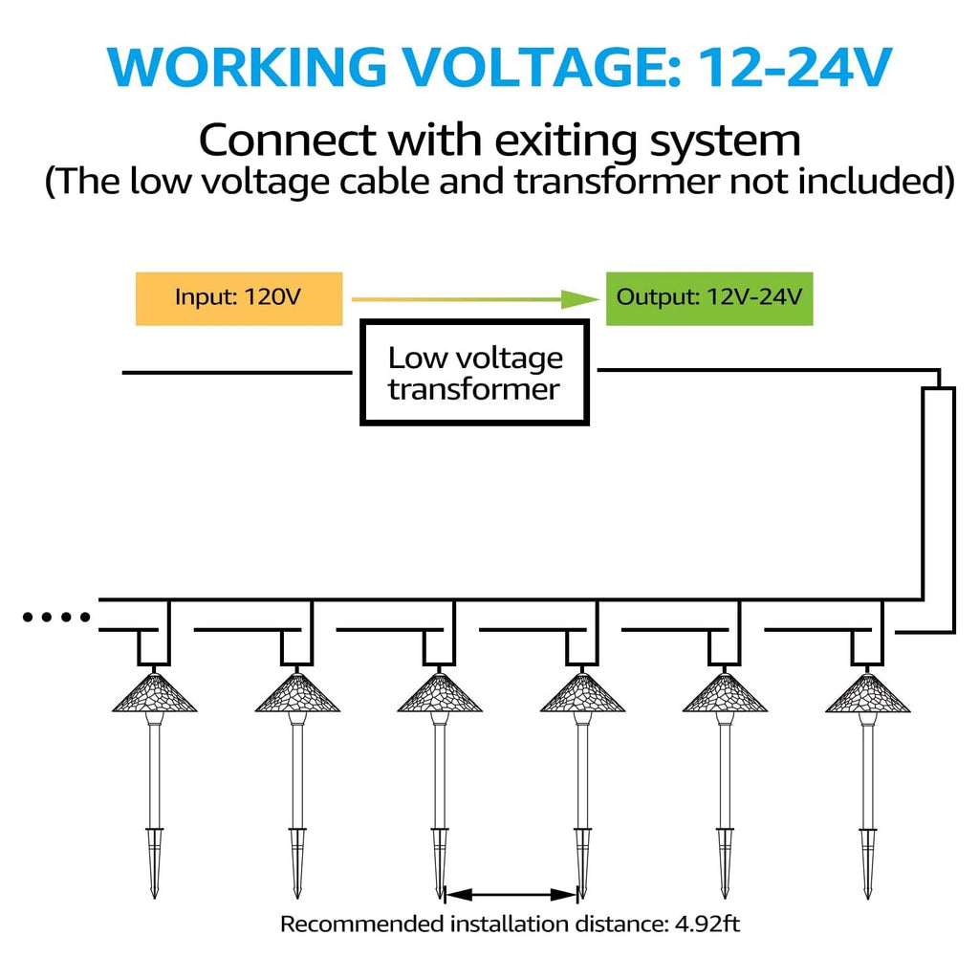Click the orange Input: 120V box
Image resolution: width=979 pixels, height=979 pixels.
click(238, 297)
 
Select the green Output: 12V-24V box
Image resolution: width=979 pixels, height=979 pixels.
click(708, 297)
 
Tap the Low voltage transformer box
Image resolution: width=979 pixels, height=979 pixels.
click(475, 373)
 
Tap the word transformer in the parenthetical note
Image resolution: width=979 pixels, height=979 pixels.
click(616, 182)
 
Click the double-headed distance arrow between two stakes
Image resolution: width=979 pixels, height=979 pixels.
click(511, 895)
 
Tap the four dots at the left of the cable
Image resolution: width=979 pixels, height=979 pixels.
click(56, 618)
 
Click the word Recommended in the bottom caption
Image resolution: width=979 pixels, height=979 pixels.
click(360, 925)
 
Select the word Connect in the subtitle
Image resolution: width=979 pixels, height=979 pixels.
click(287, 141)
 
